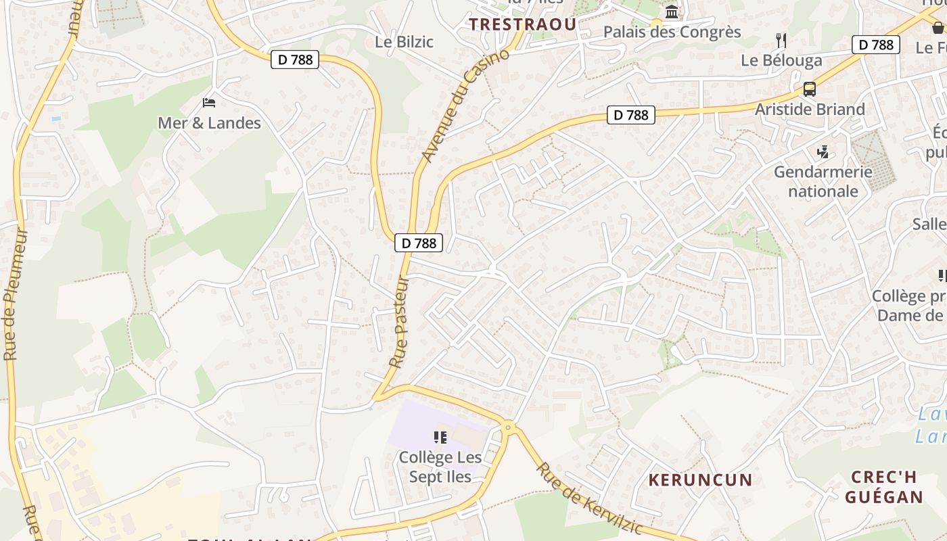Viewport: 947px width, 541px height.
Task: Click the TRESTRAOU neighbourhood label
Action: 523,24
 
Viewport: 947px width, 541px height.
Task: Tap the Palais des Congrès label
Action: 672,32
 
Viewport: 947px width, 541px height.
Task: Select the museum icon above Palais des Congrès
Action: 672,11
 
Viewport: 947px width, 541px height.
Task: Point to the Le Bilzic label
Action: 404,41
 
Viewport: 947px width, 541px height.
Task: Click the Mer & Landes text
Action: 209,122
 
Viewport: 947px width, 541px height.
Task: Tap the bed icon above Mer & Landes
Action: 209,103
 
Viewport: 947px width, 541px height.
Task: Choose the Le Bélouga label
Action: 781,60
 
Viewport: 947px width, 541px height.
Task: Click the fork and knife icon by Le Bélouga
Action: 781,40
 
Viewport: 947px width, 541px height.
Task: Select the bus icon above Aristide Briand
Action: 809,89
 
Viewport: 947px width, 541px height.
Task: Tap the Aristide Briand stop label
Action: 810,109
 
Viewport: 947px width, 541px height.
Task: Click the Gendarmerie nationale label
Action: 823,181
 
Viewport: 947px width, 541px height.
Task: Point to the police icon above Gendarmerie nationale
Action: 823,151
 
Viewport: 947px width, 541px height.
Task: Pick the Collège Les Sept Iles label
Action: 440,467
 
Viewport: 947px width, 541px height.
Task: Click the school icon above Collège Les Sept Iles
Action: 440,438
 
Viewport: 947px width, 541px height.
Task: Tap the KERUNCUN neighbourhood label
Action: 700,480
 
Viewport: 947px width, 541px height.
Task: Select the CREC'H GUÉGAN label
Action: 884,487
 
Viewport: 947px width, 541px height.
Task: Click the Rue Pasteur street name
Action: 400,321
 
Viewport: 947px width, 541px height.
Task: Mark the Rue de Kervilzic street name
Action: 588,498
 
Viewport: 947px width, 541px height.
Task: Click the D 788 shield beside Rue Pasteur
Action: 419,243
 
